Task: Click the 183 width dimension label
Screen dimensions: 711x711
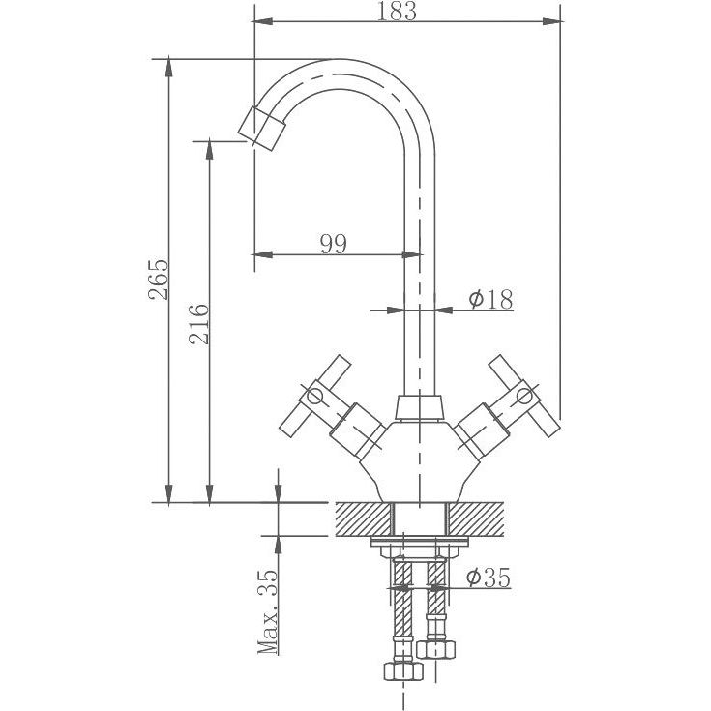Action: [397, 11]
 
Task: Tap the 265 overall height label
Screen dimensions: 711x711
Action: [159, 280]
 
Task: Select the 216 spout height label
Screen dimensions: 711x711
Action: [199, 324]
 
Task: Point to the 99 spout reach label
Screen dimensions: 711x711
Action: [334, 244]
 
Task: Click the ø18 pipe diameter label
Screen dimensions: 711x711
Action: [491, 299]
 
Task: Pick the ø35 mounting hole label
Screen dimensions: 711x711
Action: [489, 578]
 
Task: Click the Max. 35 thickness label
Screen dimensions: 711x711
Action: [268, 611]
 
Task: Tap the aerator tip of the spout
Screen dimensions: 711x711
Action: [261, 129]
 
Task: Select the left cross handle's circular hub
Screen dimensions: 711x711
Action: [315, 396]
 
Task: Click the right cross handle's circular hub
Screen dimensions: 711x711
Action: [524, 396]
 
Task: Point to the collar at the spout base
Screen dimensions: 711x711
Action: [419, 407]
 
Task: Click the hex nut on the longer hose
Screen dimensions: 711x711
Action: [403, 670]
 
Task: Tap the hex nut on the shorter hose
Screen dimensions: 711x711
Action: [435, 649]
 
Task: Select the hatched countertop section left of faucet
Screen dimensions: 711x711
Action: [363, 518]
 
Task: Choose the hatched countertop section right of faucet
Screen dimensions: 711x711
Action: [476, 518]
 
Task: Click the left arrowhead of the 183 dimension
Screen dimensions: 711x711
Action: [263, 21]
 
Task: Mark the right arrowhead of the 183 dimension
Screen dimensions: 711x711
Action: [551, 21]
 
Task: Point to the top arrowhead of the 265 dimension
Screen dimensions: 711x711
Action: [168, 68]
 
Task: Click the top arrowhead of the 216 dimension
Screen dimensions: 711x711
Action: [209, 150]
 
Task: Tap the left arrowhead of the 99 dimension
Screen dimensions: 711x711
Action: [263, 254]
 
